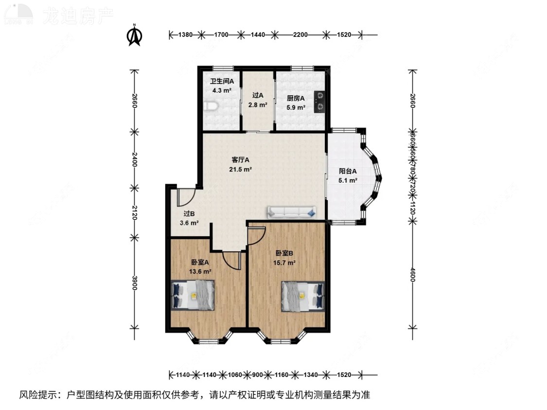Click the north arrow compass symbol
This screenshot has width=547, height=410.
click(134, 36)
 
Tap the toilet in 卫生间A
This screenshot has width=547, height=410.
click(209, 106)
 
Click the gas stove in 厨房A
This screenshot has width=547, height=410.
click(320, 102)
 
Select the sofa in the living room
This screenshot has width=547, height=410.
click(291, 211)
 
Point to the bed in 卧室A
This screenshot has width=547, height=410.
click(193, 295)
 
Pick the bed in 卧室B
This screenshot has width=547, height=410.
click(302, 295)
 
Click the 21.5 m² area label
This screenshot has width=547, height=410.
click(240, 169)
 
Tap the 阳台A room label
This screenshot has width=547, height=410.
click(348, 171)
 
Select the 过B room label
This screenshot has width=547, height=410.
click(189, 214)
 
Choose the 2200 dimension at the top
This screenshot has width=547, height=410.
click(300, 34)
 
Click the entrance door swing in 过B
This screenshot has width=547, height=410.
click(186, 197)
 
